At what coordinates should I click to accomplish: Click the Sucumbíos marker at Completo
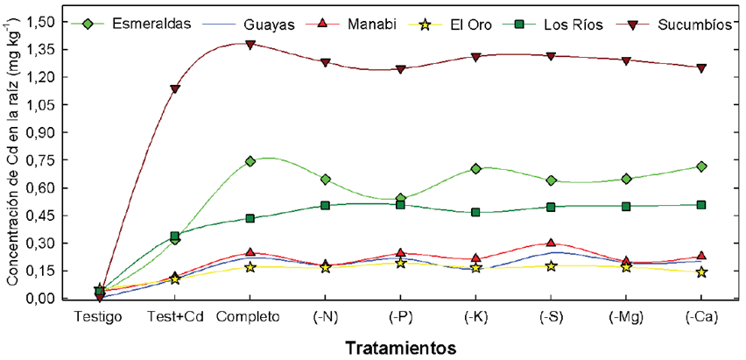click(250, 44)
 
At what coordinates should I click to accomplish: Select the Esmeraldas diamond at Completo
click(250, 161)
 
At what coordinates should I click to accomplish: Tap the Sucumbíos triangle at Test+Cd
click(175, 89)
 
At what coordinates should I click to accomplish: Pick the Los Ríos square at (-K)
click(475, 212)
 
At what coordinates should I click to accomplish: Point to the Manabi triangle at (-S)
click(551, 243)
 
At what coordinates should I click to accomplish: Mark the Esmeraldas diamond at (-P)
click(400, 199)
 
